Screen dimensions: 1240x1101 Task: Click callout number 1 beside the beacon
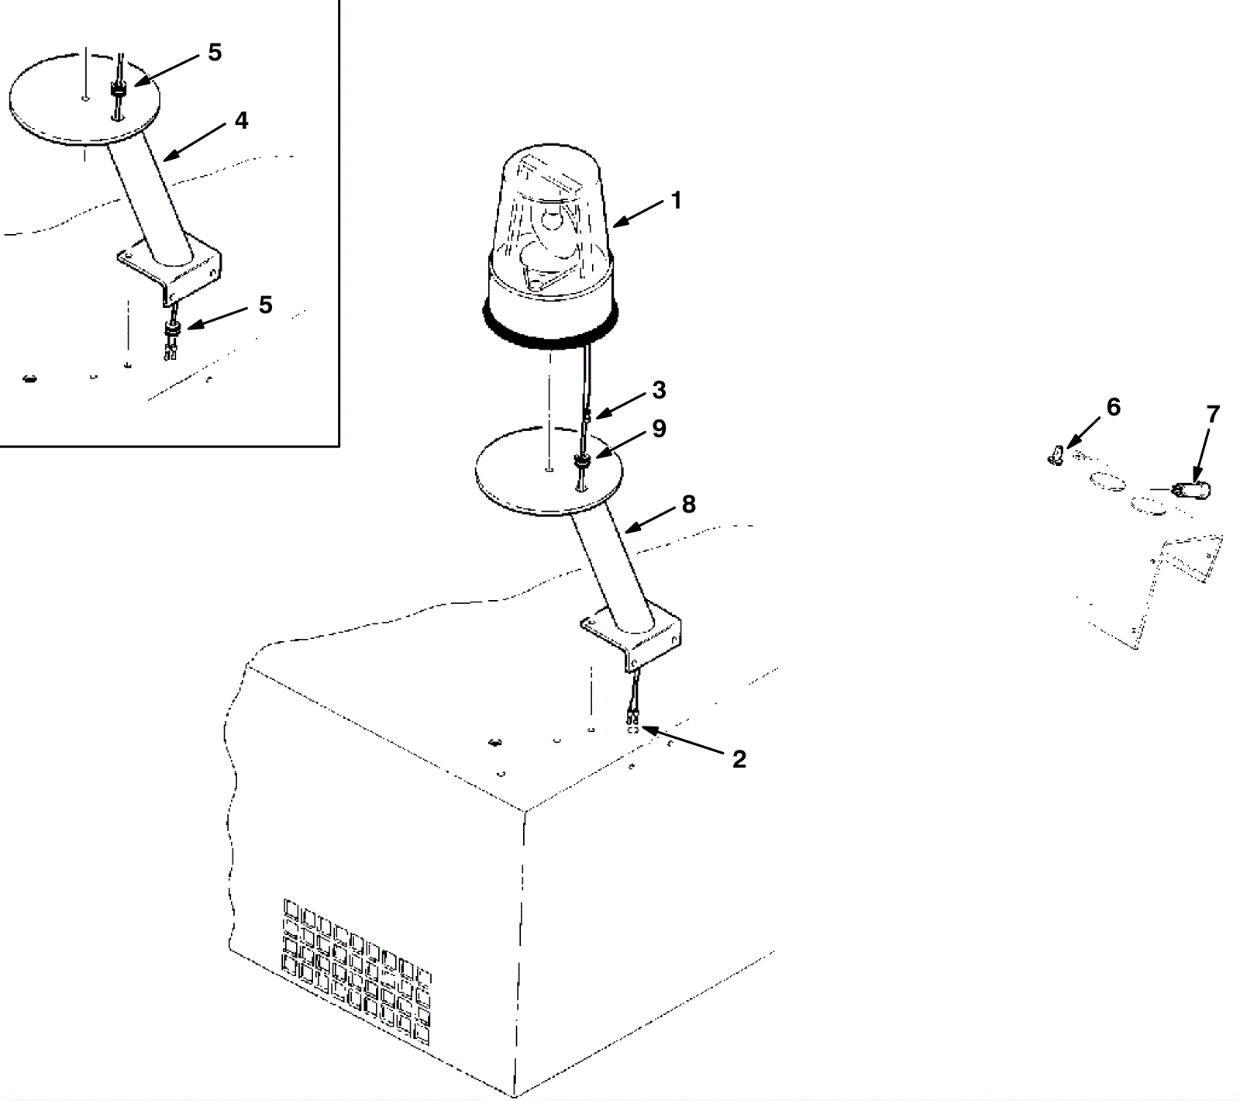click(676, 200)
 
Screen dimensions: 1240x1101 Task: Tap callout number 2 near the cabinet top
click(739, 760)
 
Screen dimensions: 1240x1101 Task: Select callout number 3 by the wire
click(659, 390)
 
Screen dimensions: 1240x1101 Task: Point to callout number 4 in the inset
click(241, 121)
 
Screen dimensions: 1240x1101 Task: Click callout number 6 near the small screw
click(1113, 407)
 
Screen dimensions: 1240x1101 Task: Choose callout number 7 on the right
click(1213, 415)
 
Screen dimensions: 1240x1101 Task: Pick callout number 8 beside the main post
click(688, 505)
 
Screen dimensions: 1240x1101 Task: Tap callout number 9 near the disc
click(659, 429)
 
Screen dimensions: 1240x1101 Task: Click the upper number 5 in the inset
click(215, 53)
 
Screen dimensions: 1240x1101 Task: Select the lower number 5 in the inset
click(265, 305)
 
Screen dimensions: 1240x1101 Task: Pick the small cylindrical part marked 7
click(1192, 490)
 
